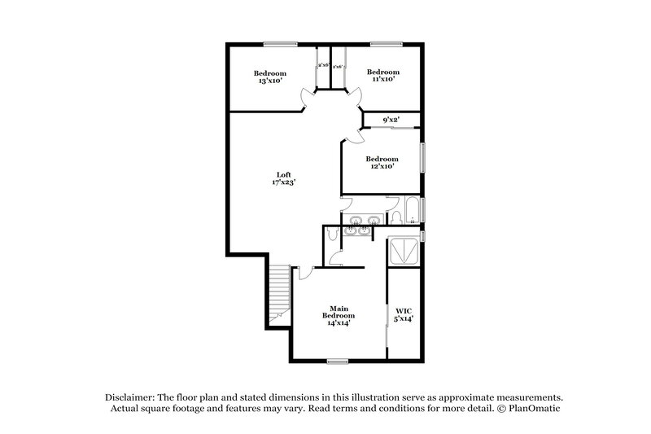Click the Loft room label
point(283,174)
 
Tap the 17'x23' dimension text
point(283,183)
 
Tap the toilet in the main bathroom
point(333,235)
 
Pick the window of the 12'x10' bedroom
point(423,157)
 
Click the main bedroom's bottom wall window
point(338,361)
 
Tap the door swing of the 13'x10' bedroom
point(305,99)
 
